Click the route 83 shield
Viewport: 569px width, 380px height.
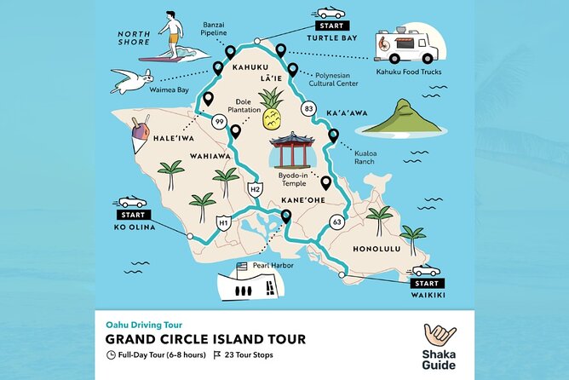click(309, 109)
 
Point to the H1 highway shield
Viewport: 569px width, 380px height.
click(224, 223)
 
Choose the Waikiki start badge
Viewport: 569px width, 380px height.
click(426, 278)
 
